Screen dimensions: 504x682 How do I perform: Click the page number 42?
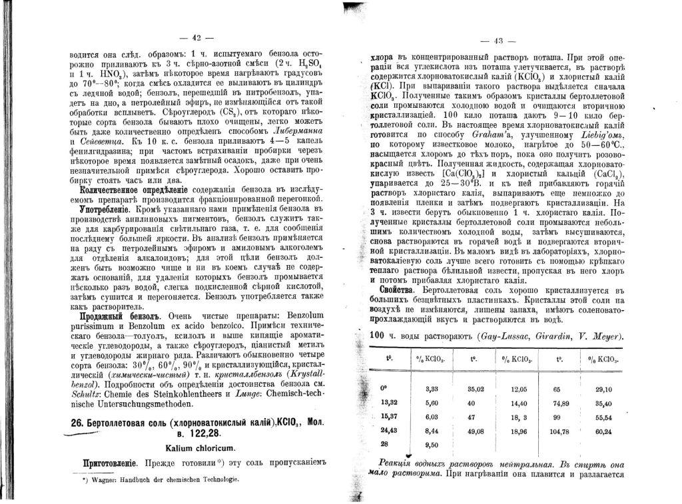[196, 37]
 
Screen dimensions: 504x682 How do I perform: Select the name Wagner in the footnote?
[102, 479]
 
